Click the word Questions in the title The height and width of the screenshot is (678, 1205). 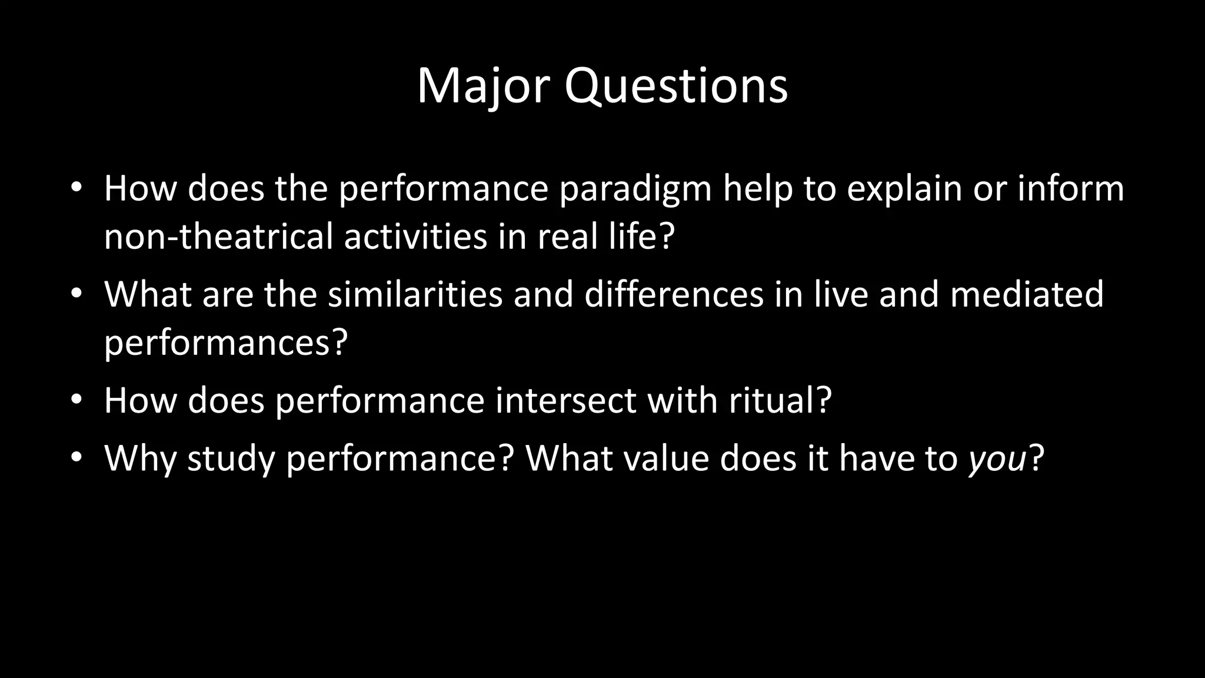click(676, 87)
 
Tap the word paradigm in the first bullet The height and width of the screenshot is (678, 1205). click(635, 190)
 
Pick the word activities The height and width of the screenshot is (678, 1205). click(415, 237)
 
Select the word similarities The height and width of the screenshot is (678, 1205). click(415, 294)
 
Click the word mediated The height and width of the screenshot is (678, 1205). click(1027, 294)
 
